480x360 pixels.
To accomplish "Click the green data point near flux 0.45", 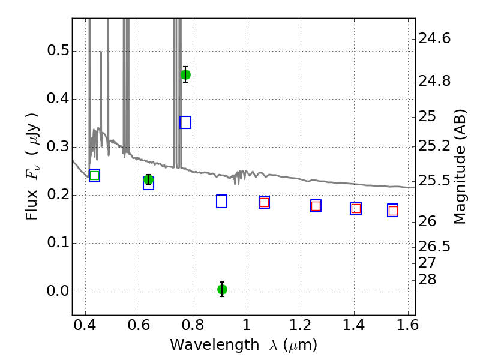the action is (185, 74).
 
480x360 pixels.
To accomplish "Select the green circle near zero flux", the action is (222, 289).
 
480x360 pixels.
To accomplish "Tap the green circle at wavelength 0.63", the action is (148, 179).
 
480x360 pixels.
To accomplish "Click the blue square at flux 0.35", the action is (185, 122).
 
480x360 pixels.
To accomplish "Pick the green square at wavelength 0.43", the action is (95, 175).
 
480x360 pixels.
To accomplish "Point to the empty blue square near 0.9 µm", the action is (221, 201).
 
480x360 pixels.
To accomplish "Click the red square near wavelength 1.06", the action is (264, 202).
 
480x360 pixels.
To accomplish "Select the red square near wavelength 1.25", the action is (316, 206).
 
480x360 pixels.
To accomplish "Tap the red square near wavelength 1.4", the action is (356, 208).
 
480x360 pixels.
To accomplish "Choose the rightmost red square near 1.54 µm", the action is (393, 211).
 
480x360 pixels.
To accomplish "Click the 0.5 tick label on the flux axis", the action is (58, 50).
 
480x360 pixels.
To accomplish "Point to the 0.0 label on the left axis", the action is (58, 291).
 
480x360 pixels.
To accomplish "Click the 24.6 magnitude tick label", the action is (434, 39).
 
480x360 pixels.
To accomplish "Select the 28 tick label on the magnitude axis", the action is (427, 280).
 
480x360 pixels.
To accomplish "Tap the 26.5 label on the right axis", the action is (434, 247).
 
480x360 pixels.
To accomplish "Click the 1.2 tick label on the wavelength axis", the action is (301, 325).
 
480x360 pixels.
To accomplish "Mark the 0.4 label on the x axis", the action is (85, 325).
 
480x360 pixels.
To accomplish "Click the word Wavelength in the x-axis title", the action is (215, 345).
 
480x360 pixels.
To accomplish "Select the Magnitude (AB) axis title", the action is (460, 167).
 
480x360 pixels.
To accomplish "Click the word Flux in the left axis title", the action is (32, 205).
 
